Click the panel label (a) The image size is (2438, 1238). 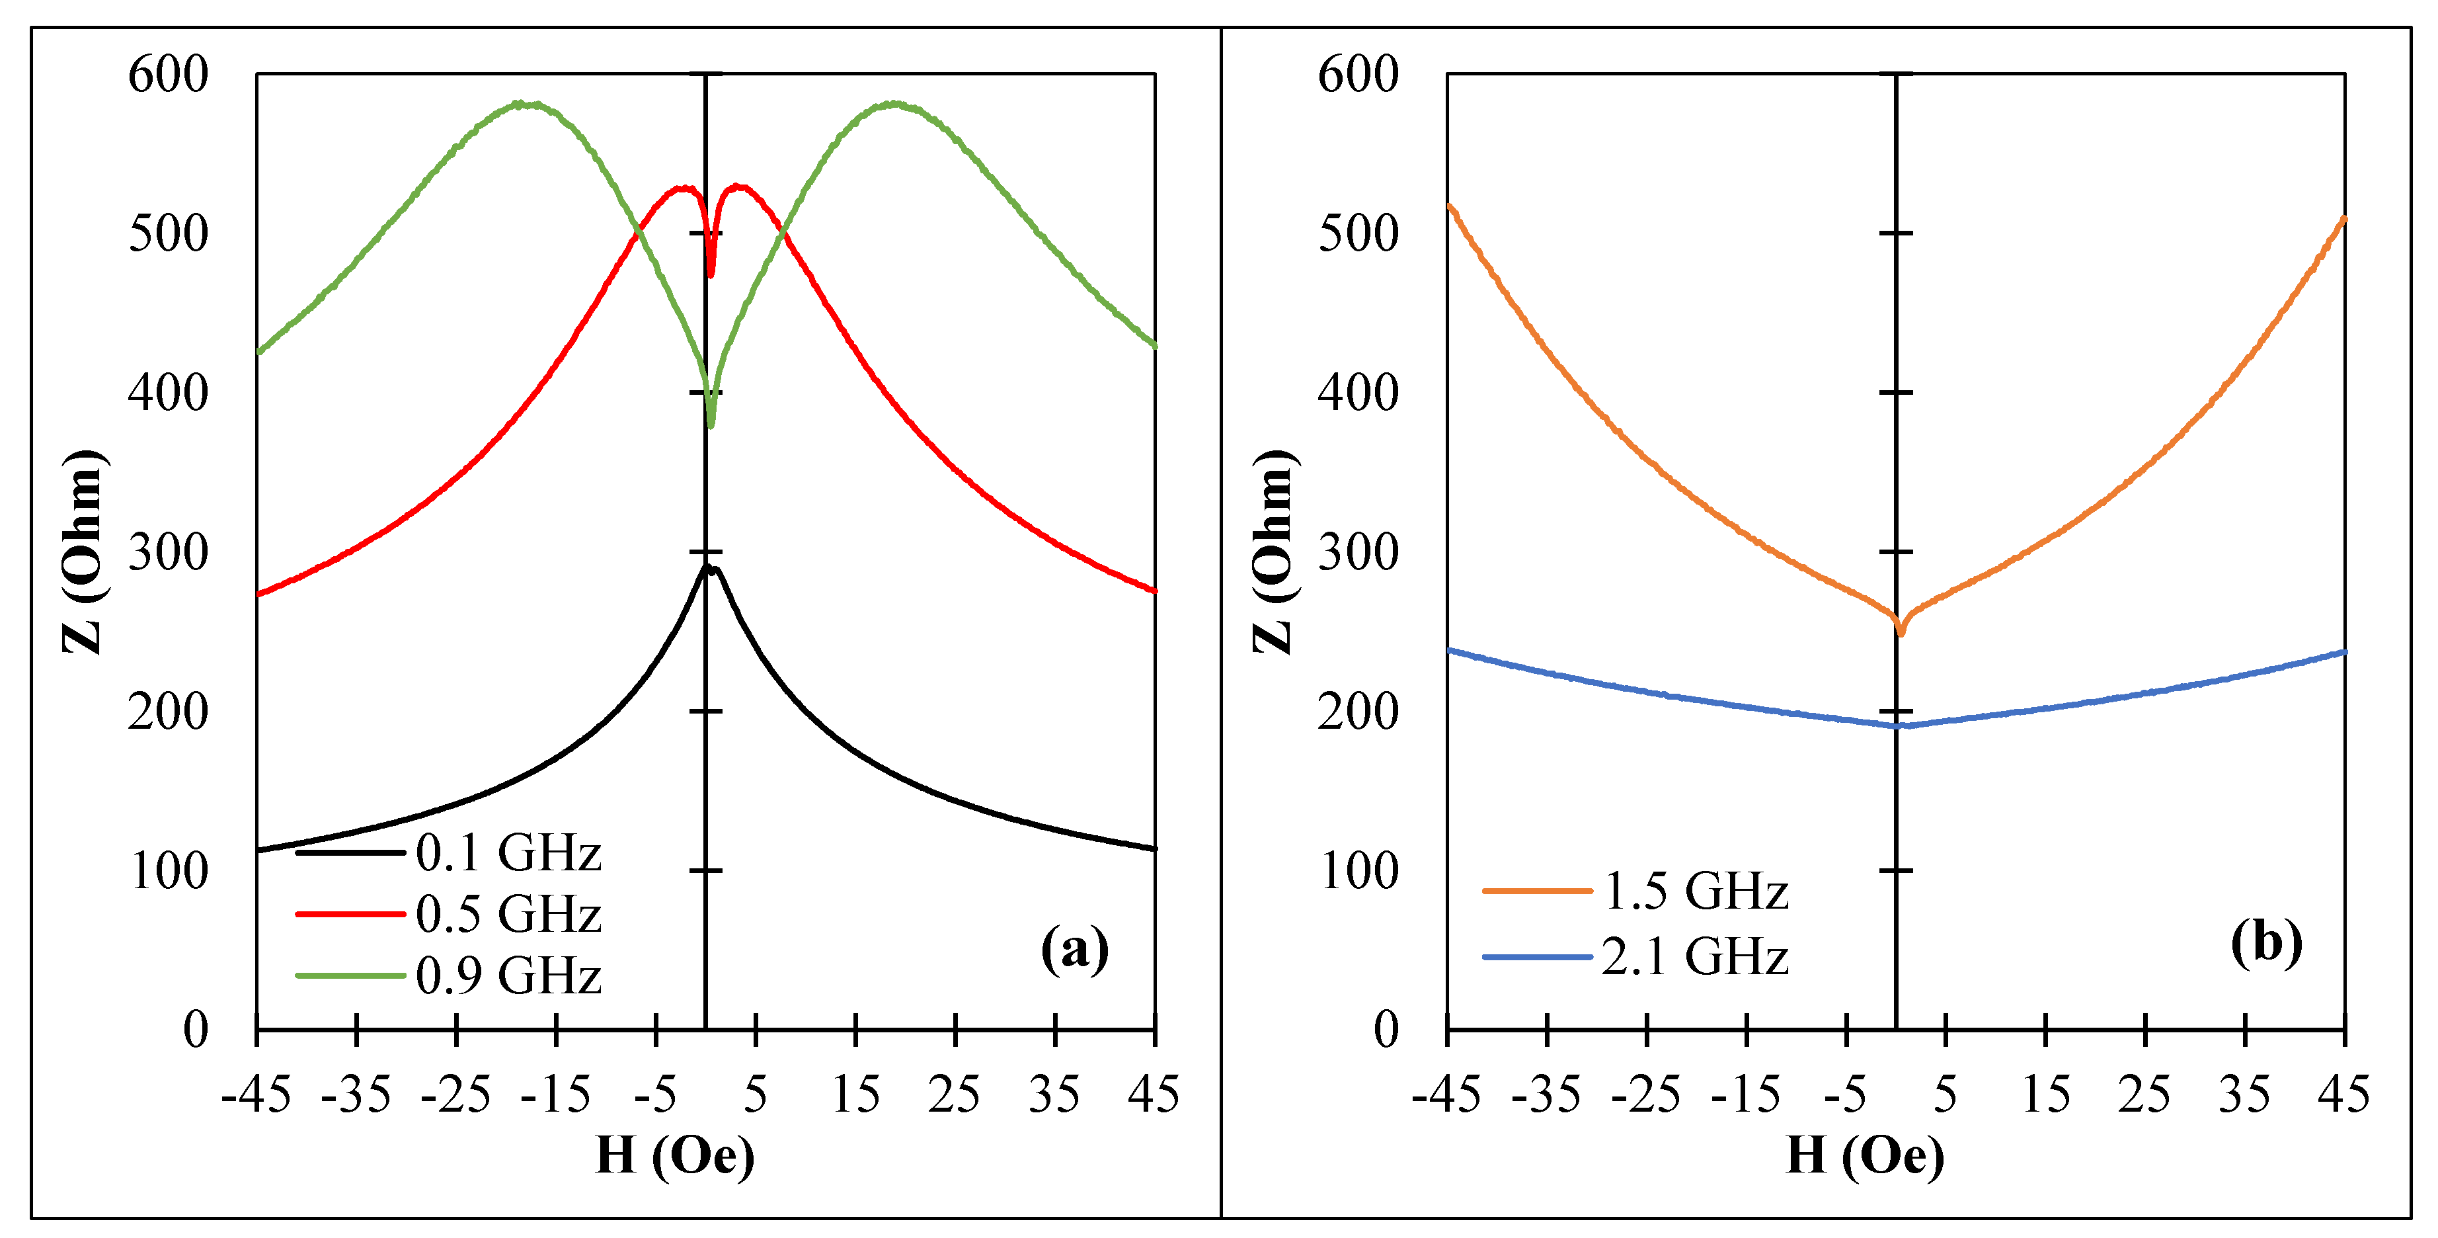pyautogui.click(x=1074, y=948)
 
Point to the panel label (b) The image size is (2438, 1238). pyautogui.click(x=2265, y=942)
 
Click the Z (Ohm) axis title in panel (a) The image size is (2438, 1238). pyautogui.click(x=83, y=551)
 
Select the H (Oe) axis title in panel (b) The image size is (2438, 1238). pyautogui.click(x=1864, y=1155)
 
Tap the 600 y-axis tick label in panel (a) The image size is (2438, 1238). pyautogui.click(x=169, y=74)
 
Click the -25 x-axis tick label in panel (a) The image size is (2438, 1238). pyautogui.click(x=455, y=1095)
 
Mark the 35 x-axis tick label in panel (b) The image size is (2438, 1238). pyautogui.click(x=2244, y=1095)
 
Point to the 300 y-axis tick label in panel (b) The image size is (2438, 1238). pyautogui.click(x=1358, y=552)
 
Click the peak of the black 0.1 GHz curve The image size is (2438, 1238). pyautogui.click(x=706, y=567)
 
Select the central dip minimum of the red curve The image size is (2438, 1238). pyautogui.click(x=711, y=274)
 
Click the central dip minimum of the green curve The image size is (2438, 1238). pyautogui.click(x=711, y=425)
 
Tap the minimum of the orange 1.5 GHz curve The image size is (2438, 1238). pyautogui.click(x=1901, y=632)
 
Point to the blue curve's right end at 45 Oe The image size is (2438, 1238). pyautogui.click(x=2343, y=652)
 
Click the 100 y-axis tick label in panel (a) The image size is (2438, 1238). pyautogui.click(x=169, y=871)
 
